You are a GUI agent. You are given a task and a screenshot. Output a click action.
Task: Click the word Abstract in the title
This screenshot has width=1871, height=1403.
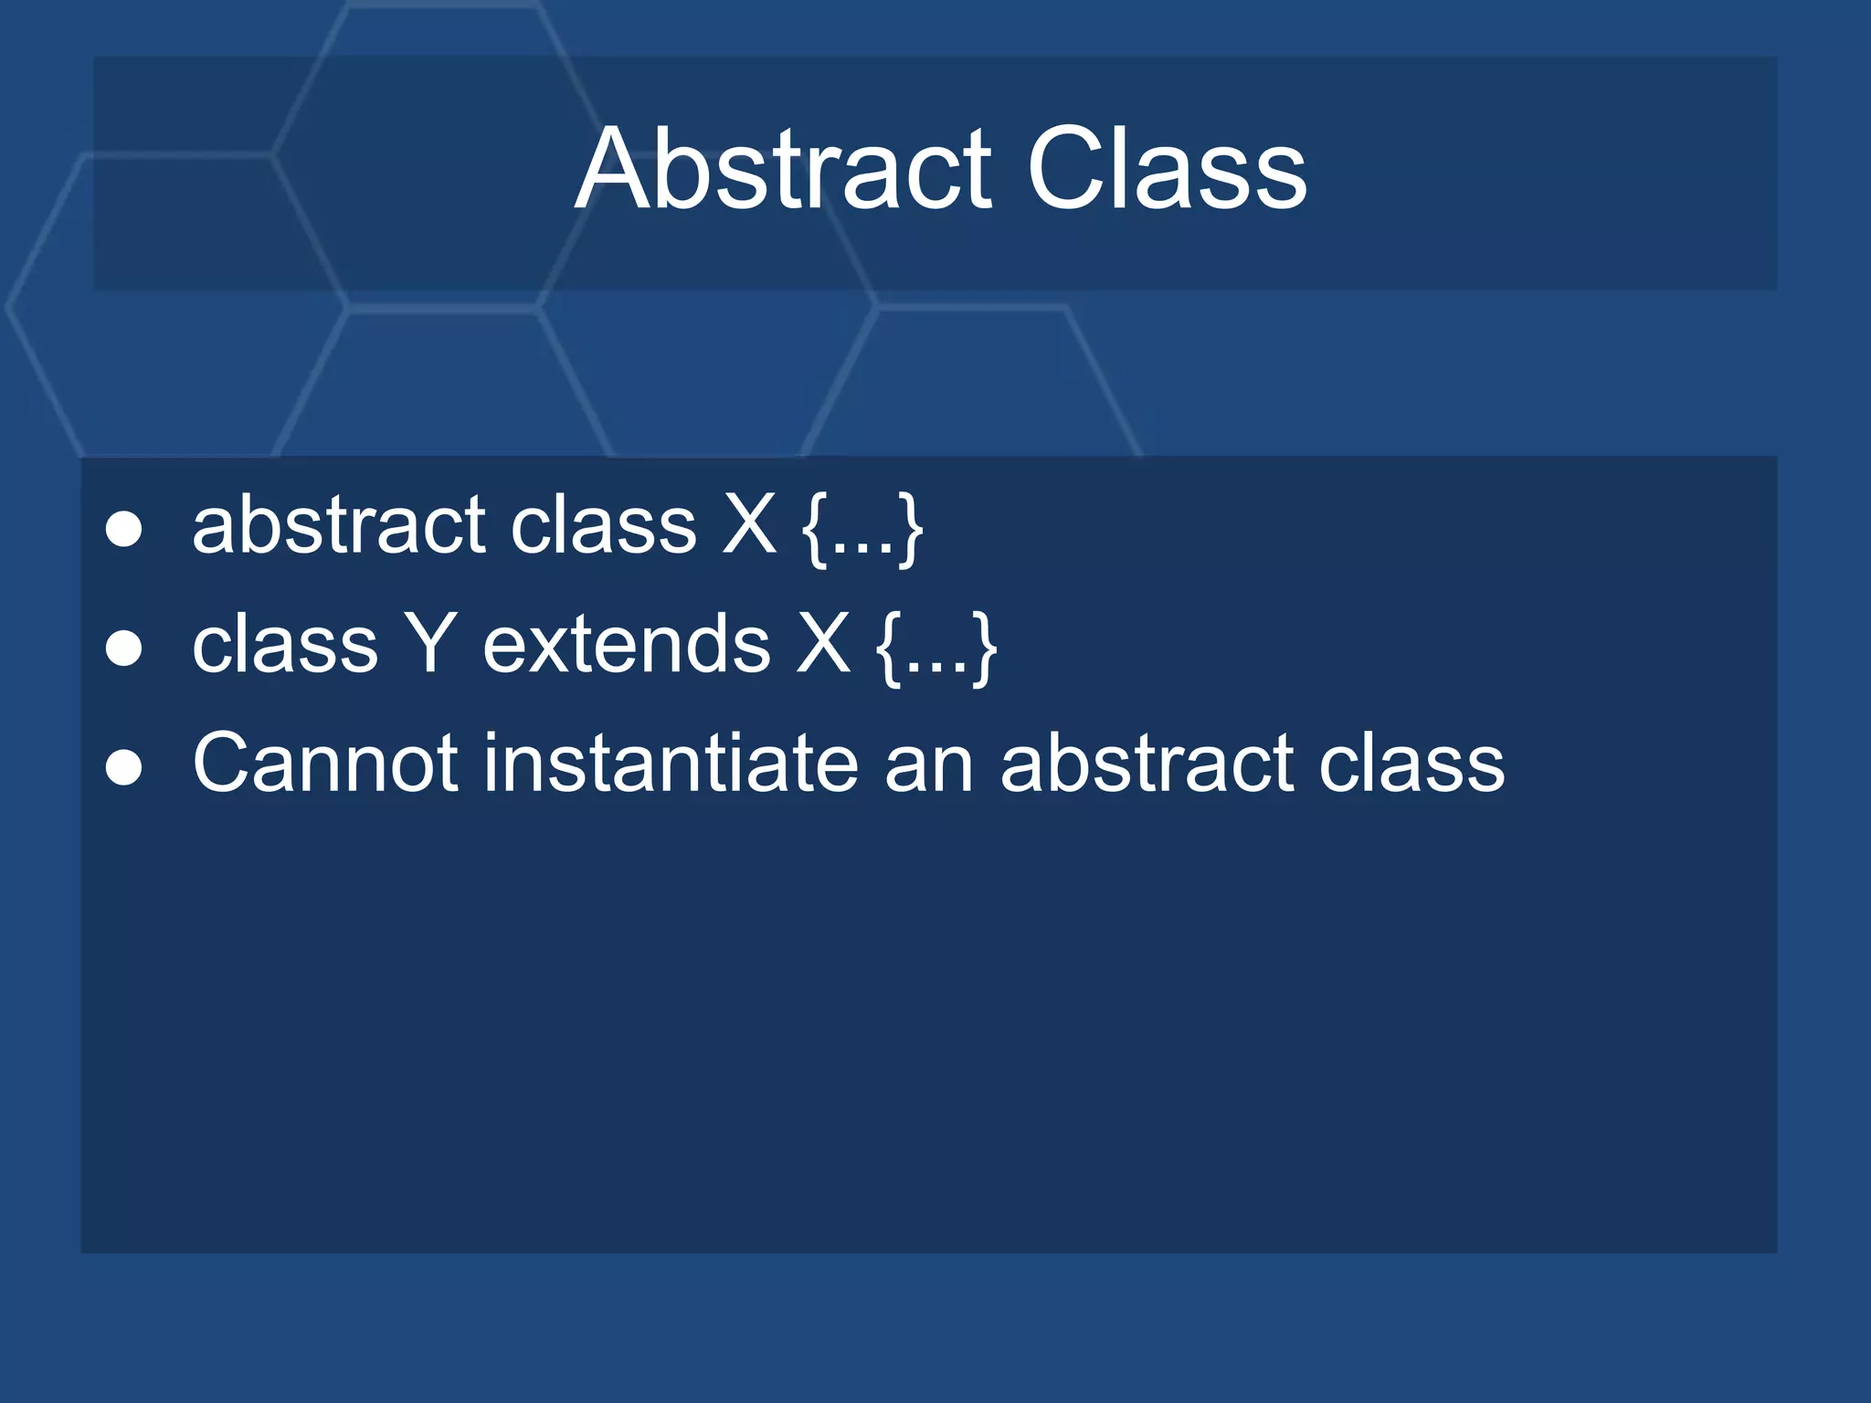pyautogui.click(x=784, y=170)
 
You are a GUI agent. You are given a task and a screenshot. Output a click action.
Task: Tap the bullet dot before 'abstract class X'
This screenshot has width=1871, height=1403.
pyautogui.click(x=123, y=529)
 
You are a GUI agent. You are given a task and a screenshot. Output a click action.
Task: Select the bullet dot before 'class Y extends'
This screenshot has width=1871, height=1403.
pyautogui.click(x=123, y=649)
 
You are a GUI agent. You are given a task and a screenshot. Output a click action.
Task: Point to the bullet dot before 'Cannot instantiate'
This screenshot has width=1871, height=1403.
pyautogui.click(x=123, y=767)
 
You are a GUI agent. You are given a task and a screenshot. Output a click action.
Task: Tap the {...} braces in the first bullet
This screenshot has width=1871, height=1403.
pyautogui.click(x=862, y=530)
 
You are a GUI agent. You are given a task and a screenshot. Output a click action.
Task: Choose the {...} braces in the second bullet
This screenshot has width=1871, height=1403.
pyautogui.click(x=936, y=649)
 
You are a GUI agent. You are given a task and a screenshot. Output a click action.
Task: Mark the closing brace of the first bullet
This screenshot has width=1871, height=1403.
pyautogui.click(x=910, y=530)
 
